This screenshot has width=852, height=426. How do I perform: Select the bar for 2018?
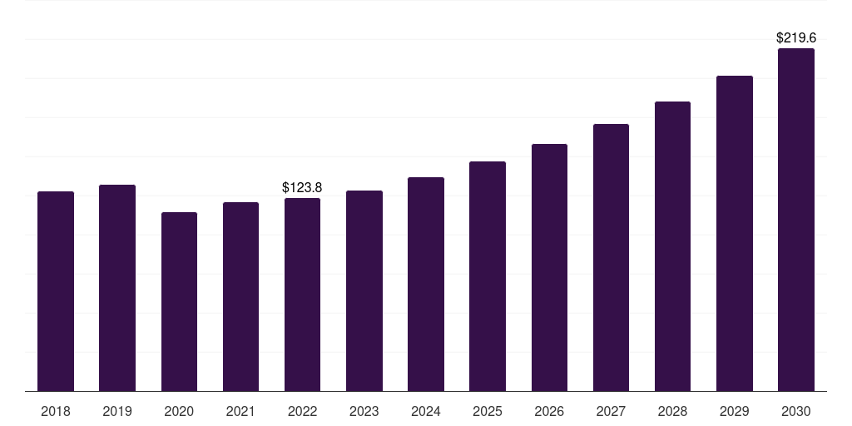56,291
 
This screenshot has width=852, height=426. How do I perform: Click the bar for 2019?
117,288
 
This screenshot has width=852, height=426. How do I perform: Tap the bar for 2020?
180,301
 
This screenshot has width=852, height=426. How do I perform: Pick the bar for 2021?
240,297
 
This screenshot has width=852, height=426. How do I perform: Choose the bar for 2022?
302,295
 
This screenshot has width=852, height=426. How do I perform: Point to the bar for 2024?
426,285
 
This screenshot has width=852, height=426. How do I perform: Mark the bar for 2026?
549,267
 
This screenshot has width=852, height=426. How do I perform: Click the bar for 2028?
672,246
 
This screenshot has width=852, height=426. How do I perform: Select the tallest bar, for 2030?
796,220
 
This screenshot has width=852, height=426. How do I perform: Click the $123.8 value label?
302,187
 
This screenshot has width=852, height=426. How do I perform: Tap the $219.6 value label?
796,38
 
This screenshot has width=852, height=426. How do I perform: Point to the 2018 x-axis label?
56,411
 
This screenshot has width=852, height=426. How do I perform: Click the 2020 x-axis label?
180,411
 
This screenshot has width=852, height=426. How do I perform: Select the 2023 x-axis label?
364,411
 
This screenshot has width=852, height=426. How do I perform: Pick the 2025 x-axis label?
488,411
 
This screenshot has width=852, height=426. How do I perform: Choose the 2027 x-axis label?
611,411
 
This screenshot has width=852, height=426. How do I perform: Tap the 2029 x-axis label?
735,411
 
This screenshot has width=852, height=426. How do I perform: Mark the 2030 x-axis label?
796,411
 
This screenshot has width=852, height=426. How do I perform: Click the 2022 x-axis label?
302,411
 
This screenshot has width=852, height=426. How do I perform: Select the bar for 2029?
735,234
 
